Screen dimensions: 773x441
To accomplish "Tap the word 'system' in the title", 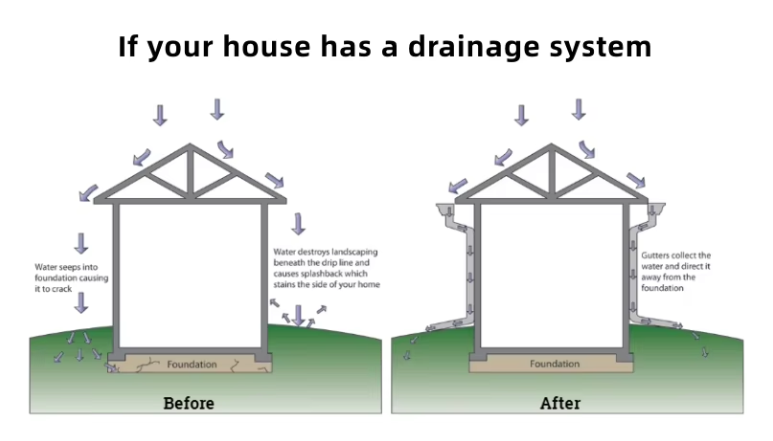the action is [x=601, y=46].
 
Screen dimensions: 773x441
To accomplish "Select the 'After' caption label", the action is [x=560, y=403].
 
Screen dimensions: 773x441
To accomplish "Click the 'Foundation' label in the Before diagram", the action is [x=192, y=364].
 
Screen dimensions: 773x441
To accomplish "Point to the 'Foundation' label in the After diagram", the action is [x=555, y=364].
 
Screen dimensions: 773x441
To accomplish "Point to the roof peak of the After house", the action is [x=554, y=146].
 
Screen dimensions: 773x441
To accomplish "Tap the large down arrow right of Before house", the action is [x=298, y=223].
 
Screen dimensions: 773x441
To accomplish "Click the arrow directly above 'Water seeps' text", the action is [x=80, y=243].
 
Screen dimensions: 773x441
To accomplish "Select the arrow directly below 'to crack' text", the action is [x=80, y=303].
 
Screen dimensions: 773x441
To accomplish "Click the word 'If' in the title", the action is [x=128, y=46].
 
